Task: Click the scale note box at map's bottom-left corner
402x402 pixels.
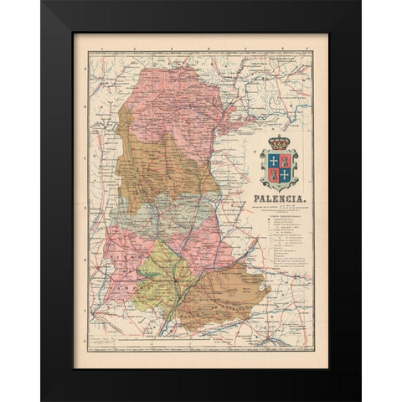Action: (93, 341)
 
